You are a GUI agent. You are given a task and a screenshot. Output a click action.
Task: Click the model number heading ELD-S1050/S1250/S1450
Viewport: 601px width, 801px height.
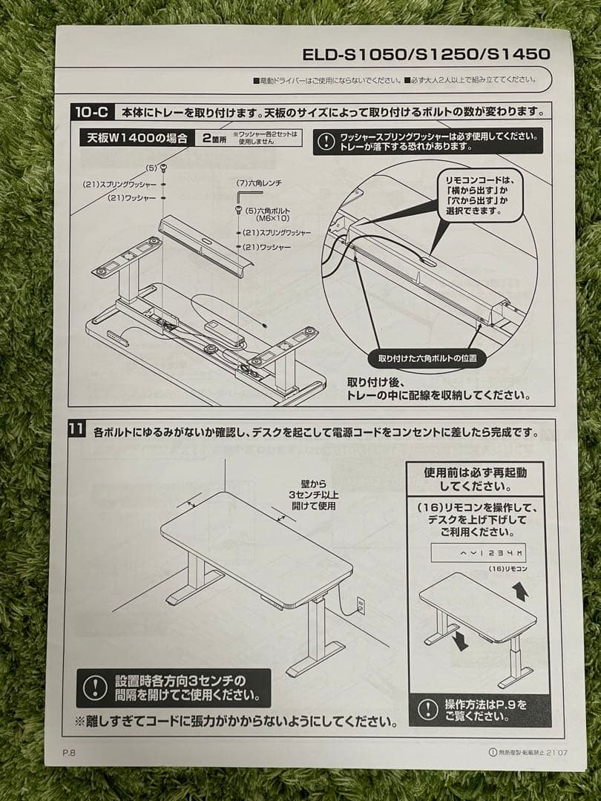click(x=426, y=54)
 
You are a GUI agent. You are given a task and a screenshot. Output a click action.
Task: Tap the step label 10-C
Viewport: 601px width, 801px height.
click(x=92, y=112)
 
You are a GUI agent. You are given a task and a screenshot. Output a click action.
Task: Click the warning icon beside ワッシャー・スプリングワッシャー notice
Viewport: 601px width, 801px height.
click(x=326, y=140)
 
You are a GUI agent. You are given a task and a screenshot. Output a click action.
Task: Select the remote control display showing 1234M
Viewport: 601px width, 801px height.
click(x=479, y=553)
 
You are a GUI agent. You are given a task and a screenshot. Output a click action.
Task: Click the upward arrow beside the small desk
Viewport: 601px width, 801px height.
click(x=520, y=591)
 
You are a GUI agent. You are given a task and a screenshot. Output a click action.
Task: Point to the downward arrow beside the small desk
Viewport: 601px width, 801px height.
click(x=461, y=640)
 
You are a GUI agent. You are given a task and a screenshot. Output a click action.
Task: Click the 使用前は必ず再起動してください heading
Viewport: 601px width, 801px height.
click(x=474, y=479)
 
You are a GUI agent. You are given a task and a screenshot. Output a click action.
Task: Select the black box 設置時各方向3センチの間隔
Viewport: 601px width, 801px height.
click(x=173, y=688)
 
